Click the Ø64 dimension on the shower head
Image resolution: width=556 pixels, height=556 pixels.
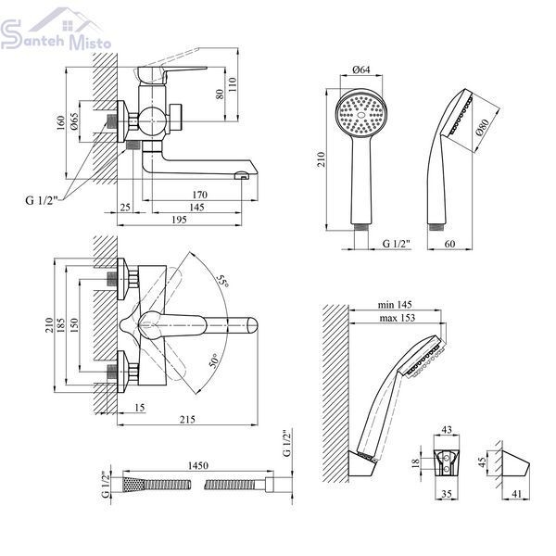click(x=361, y=69)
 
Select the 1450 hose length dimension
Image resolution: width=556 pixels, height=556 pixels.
click(x=198, y=465)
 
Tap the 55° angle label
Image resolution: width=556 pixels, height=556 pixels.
click(x=222, y=281)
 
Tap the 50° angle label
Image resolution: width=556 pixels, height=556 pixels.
click(x=215, y=360)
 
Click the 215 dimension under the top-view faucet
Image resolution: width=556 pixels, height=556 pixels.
click(x=187, y=420)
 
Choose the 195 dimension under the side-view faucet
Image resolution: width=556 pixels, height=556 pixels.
click(x=179, y=220)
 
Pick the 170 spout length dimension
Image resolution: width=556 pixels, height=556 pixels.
click(x=199, y=195)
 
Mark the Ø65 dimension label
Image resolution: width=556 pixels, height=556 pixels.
click(x=74, y=121)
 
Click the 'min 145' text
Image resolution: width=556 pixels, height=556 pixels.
click(x=395, y=304)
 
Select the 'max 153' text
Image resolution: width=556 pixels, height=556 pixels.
click(x=398, y=317)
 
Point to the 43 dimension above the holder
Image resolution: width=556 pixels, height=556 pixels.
click(x=447, y=429)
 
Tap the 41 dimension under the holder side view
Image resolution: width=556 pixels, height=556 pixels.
click(x=517, y=494)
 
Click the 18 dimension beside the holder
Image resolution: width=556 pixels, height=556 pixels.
click(x=415, y=462)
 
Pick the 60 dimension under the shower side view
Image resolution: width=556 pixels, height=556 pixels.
click(x=449, y=244)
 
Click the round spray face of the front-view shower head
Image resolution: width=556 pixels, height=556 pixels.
click(x=361, y=114)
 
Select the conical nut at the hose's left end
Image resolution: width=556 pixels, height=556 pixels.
click(x=133, y=484)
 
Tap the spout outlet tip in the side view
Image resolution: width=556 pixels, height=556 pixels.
click(x=243, y=175)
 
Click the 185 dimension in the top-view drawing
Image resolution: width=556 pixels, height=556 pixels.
click(x=61, y=324)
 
